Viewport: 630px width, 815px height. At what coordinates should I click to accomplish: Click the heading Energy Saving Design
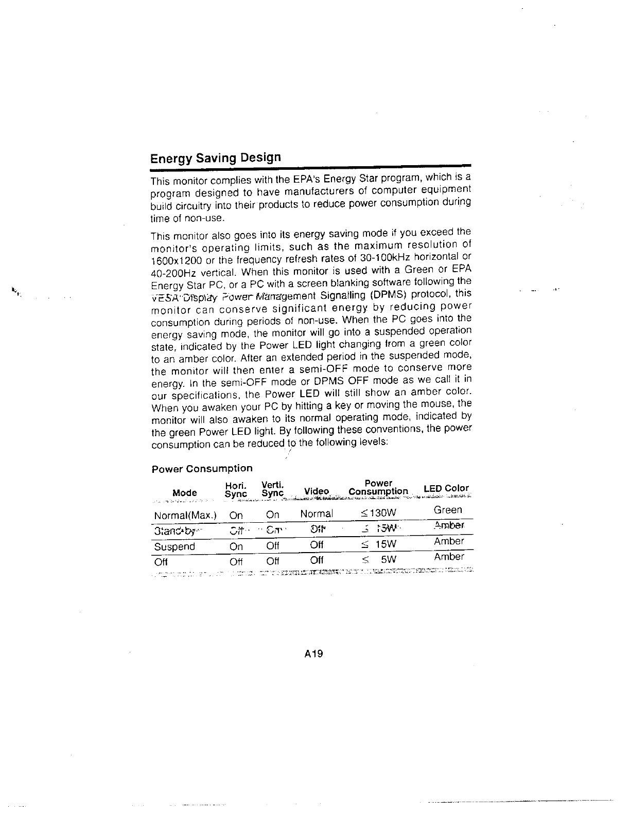pos(216,158)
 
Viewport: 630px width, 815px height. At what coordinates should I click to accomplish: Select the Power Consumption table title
pos(202,469)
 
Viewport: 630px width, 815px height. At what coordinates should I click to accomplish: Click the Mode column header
pos(185,493)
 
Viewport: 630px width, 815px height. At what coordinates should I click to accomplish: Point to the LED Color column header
pos(446,488)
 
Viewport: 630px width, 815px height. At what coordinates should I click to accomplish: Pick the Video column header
pos(317,492)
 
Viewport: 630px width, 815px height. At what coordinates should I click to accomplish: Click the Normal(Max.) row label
pos(185,515)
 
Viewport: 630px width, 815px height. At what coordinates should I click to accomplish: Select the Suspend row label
pos(174,546)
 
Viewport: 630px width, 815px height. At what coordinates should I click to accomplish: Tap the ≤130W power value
pos(379,513)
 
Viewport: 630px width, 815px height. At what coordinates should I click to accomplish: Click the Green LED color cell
pos(448,510)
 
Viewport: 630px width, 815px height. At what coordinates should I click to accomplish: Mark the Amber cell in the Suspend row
pos(449,541)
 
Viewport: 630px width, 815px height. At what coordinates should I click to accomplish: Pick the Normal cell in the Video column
pos(317,514)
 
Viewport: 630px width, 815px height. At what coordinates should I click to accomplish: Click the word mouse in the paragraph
pos(435,405)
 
